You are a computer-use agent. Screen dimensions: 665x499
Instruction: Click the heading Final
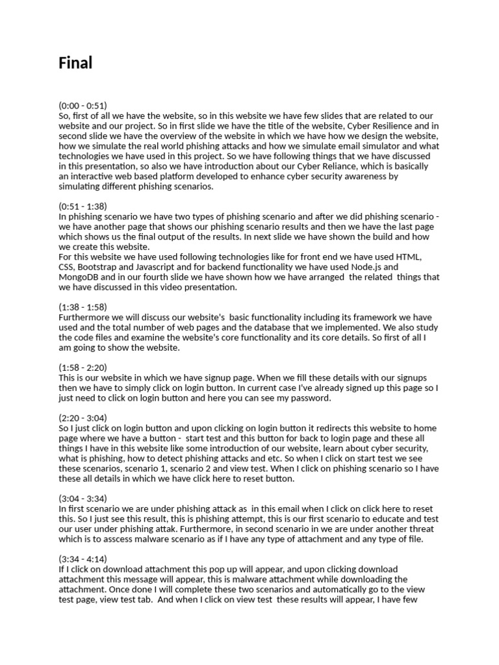(75, 63)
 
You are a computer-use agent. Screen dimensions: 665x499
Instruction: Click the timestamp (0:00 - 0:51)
(83, 105)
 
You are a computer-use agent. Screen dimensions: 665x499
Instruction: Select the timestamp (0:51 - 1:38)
(83, 206)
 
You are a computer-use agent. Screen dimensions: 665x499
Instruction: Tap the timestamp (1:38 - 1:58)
(83, 307)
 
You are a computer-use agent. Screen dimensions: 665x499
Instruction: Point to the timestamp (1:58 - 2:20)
(83, 367)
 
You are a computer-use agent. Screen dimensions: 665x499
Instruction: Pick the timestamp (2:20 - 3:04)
(83, 418)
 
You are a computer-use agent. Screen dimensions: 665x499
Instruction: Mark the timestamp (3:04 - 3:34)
(83, 498)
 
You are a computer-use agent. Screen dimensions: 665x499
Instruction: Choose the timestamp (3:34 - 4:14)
(83, 558)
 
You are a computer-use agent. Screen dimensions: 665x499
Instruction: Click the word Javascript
(164, 267)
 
